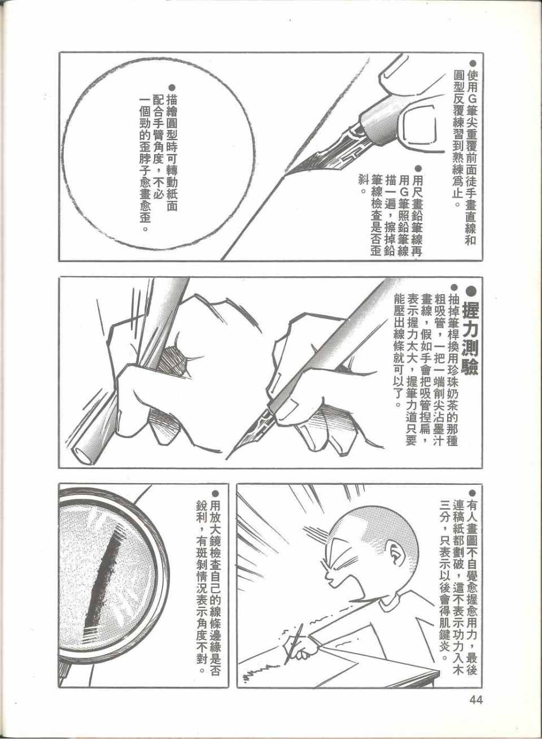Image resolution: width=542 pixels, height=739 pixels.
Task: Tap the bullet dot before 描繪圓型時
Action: point(171,87)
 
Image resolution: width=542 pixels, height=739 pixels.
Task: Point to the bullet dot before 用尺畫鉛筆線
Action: point(418,169)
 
